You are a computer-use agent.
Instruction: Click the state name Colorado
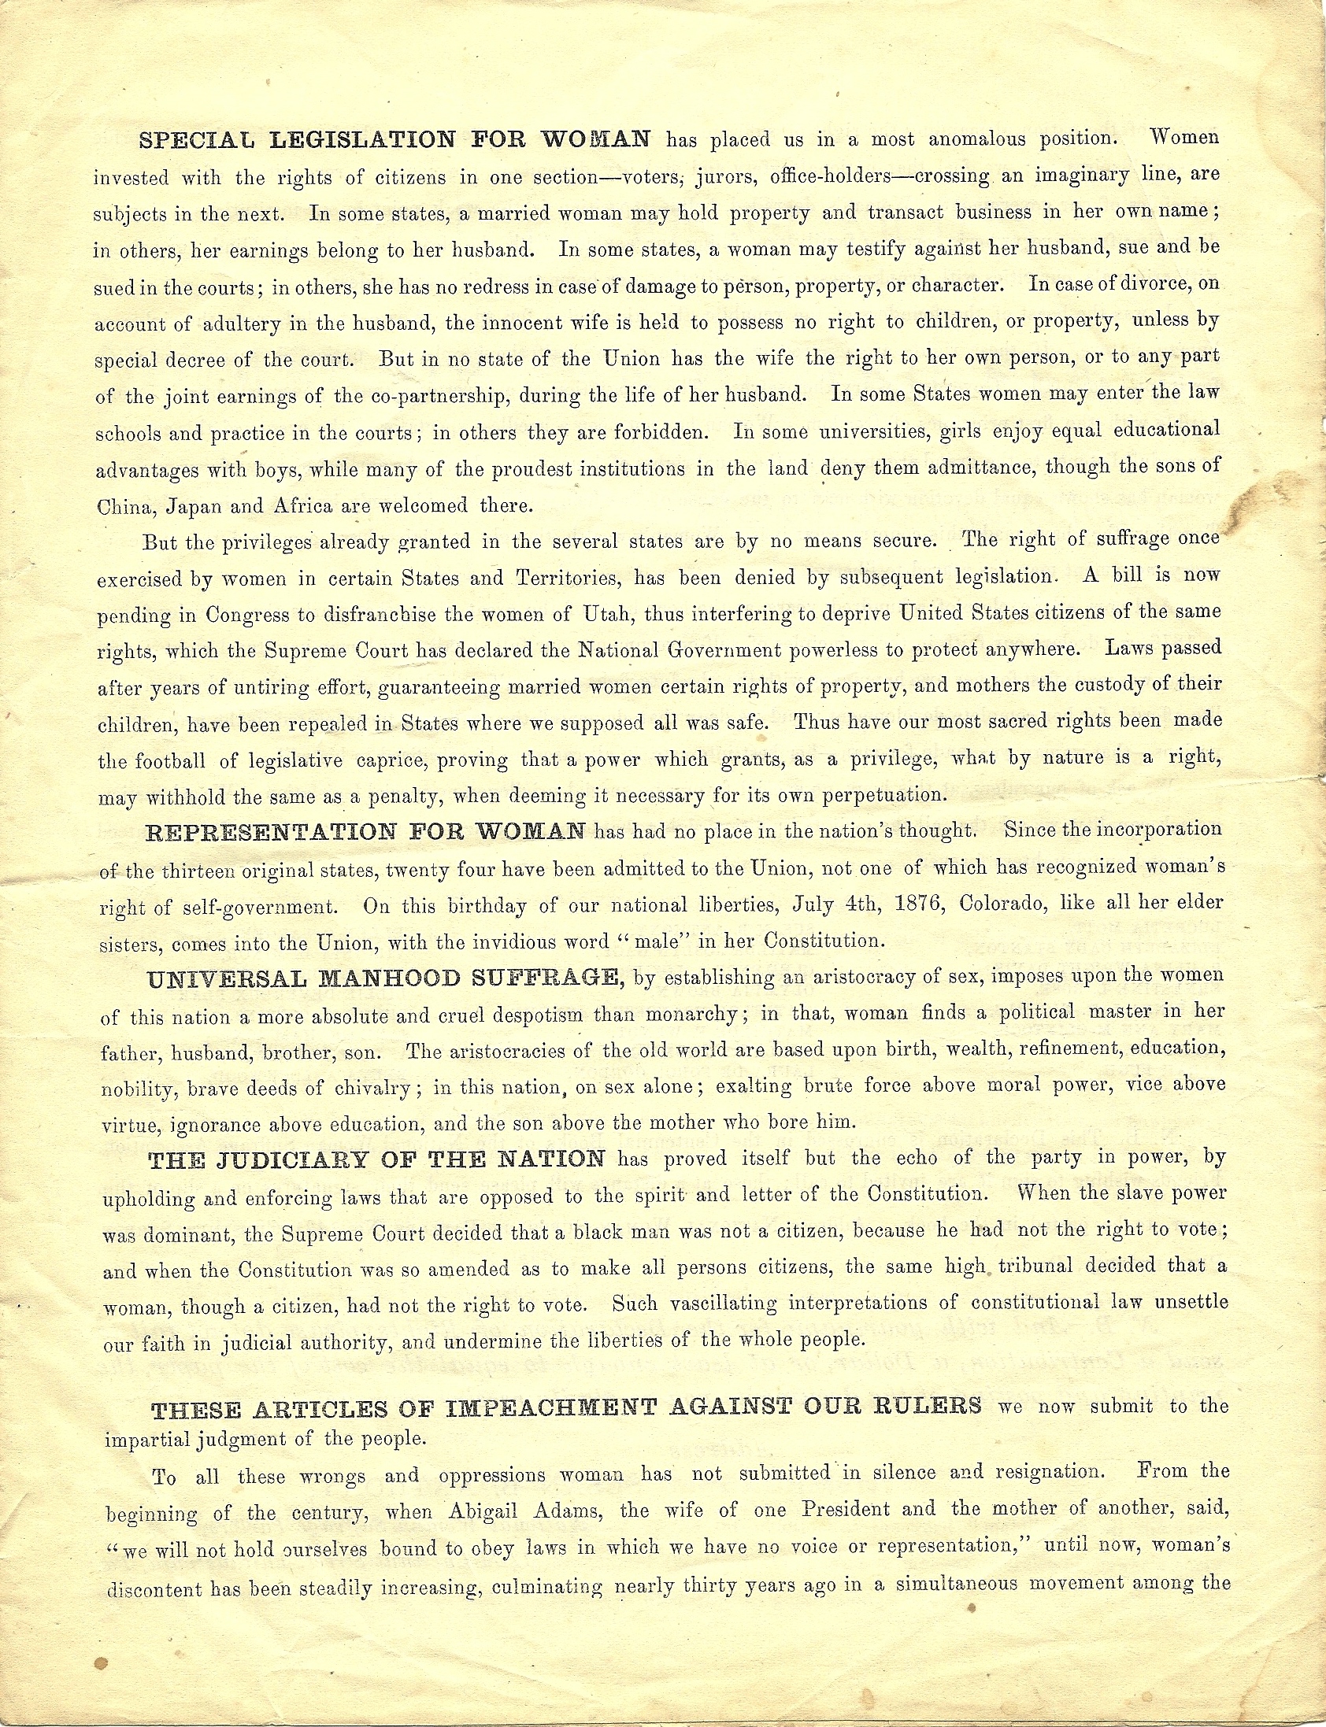(x=998, y=903)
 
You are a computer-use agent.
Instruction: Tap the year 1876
(x=920, y=904)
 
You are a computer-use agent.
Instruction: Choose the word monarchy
(x=697, y=1014)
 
